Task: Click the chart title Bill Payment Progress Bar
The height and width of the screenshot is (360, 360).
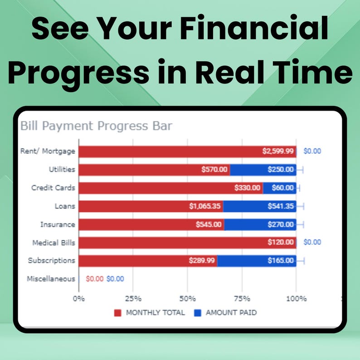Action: click(96, 126)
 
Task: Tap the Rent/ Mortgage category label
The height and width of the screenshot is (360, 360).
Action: click(48, 151)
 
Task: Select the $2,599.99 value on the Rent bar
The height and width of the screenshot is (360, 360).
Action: click(278, 151)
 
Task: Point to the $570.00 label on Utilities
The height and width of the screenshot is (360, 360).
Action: click(214, 170)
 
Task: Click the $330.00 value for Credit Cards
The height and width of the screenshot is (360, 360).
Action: click(248, 188)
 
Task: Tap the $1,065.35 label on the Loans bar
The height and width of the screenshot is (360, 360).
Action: click(205, 206)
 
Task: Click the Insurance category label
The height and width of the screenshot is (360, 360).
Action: click(58, 224)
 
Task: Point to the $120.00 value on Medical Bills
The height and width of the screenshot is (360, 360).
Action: click(281, 243)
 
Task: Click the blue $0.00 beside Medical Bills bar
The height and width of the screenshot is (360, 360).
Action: click(312, 243)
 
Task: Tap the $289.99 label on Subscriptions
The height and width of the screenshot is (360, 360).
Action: click(202, 261)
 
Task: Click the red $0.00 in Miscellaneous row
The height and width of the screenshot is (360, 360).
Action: click(94, 279)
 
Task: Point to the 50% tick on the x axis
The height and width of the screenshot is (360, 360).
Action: click(187, 299)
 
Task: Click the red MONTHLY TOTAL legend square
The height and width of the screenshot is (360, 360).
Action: click(118, 313)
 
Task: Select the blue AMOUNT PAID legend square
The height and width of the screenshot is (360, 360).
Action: click(197, 313)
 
